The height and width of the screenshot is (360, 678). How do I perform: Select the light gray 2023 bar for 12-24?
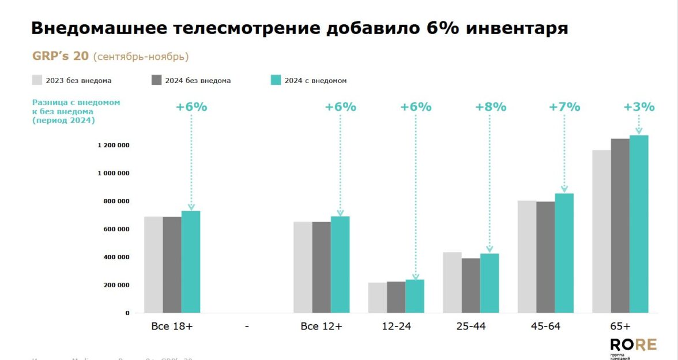[x=378, y=298]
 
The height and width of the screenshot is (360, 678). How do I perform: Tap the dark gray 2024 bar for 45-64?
[x=545, y=257]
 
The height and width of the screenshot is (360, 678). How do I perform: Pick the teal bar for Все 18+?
[x=191, y=262]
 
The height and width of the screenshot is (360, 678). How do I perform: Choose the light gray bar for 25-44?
[x=452, y=283]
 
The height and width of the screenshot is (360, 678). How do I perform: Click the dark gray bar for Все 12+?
[x=321, y=267]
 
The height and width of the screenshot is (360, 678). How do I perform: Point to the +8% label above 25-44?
[x=490, y=107]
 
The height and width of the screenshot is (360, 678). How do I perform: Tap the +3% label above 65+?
[x=639, y=107]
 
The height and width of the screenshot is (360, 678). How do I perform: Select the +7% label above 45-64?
[x=564, y=107]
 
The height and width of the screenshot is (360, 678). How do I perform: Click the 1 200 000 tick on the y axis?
[x=113, y=145]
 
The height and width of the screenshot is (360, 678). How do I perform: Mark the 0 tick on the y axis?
[x=127, y=313]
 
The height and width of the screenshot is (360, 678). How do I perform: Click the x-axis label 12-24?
[x=396, y=327]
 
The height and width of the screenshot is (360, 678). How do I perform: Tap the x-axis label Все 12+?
[x=321, y=327]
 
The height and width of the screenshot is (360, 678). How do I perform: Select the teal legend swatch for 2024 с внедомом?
[x=276, y=80]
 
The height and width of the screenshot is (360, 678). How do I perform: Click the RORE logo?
[x=632, y=345]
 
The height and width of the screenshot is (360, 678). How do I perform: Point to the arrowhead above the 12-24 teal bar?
[x=415, y=277]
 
